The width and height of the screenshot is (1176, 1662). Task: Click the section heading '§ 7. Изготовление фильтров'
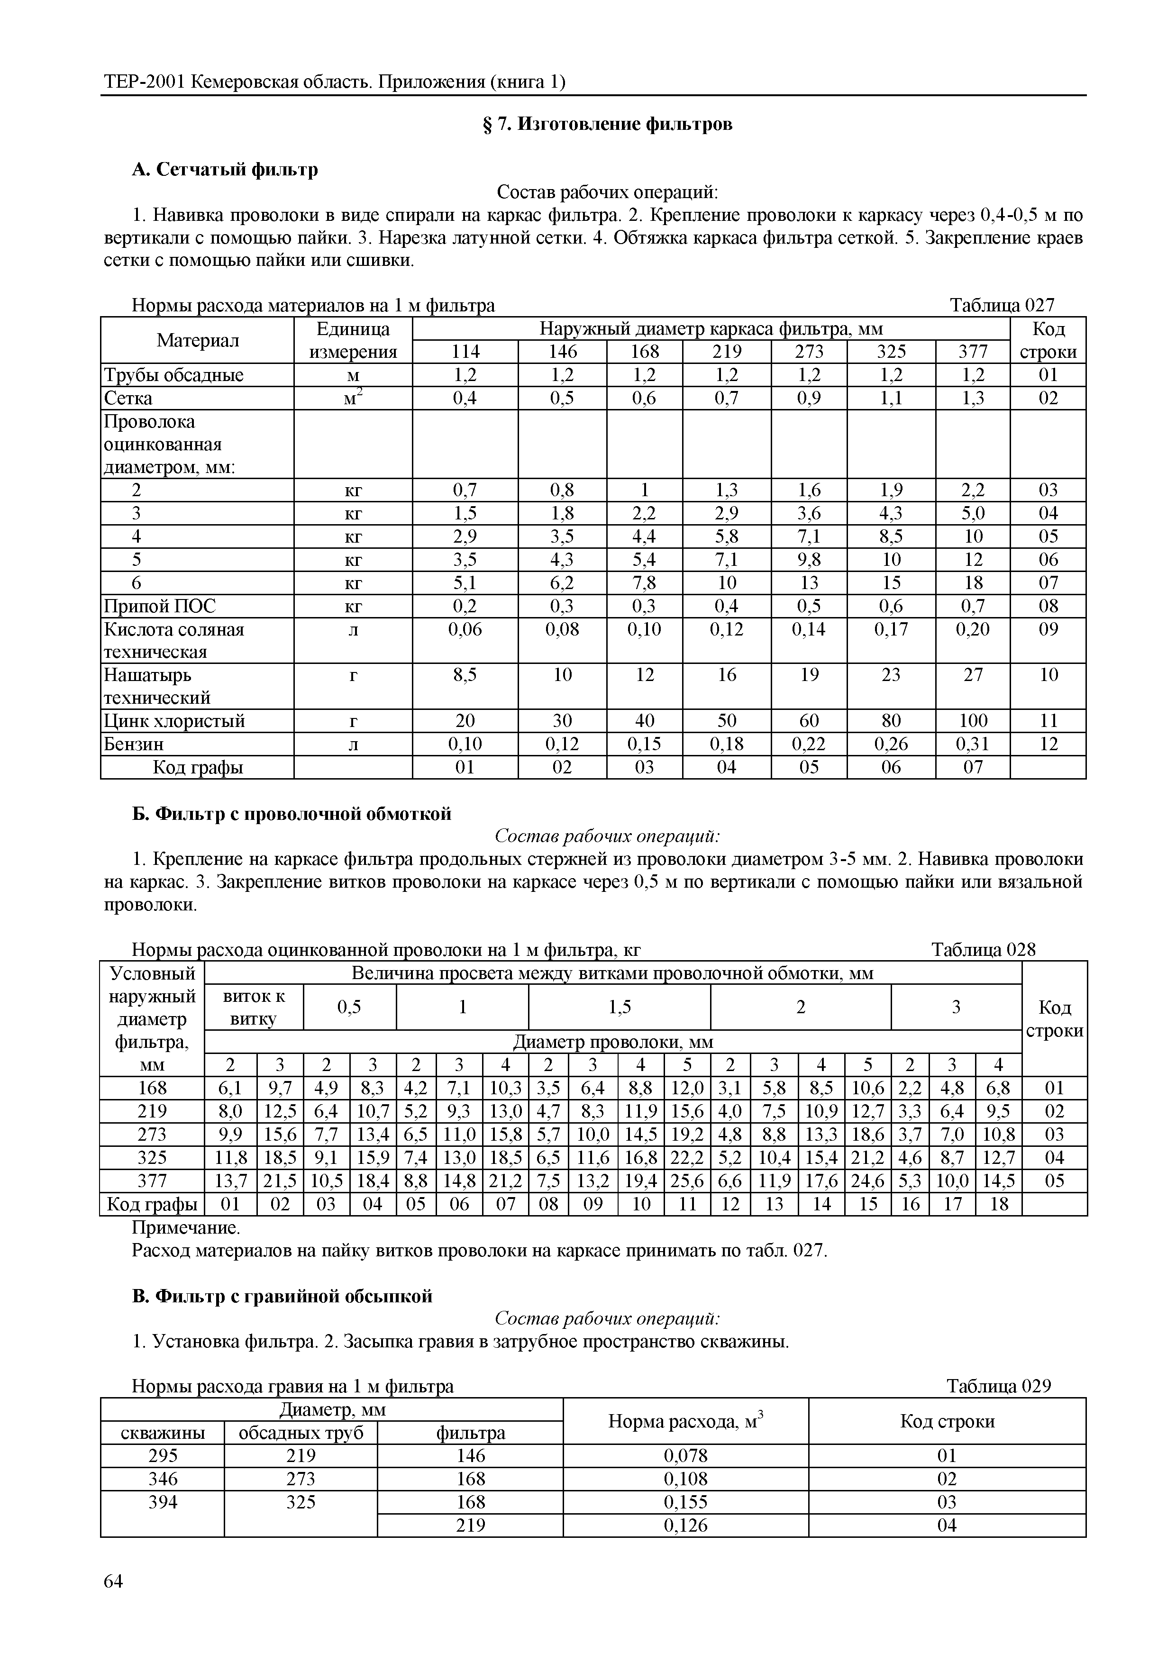click(607, 125)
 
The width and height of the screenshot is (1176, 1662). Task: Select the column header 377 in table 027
click(973, 352)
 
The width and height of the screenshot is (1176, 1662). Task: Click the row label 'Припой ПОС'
click(160, 606)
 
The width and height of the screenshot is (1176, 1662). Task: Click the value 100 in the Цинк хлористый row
click(973, 721)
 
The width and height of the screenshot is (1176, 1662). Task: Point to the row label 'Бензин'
click(134, 744)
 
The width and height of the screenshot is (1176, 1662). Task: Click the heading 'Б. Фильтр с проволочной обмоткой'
click(292, 814)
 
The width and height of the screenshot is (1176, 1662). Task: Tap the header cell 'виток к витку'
click(254, 1008)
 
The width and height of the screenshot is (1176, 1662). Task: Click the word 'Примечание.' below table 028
click(185, 1228)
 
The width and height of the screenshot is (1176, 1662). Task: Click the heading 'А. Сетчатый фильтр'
click(225, 169)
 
